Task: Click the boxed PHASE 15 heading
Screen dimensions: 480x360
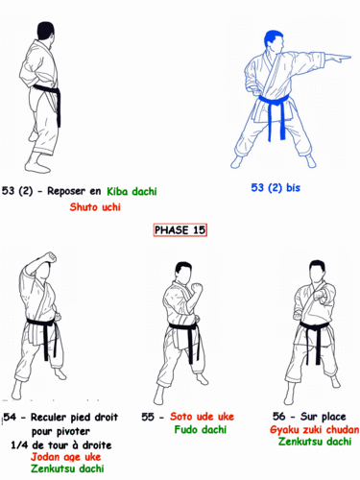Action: pyautogui.click(x=180, y=229)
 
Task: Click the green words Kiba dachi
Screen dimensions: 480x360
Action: pyautogui.click(x=132, y=191)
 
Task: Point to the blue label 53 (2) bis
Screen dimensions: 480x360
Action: pyautogui.click(x=276, y=188)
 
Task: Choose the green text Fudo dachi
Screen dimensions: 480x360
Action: pyautogui.click(x=199, y=430)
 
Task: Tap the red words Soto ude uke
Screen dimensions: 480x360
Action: pyautogui.click(x=203, y=417)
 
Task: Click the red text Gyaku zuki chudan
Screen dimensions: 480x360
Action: pyautogui.click(x=314, y=429)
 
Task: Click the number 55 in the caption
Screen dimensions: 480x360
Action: pyautogui.click(x=149, y=417)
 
